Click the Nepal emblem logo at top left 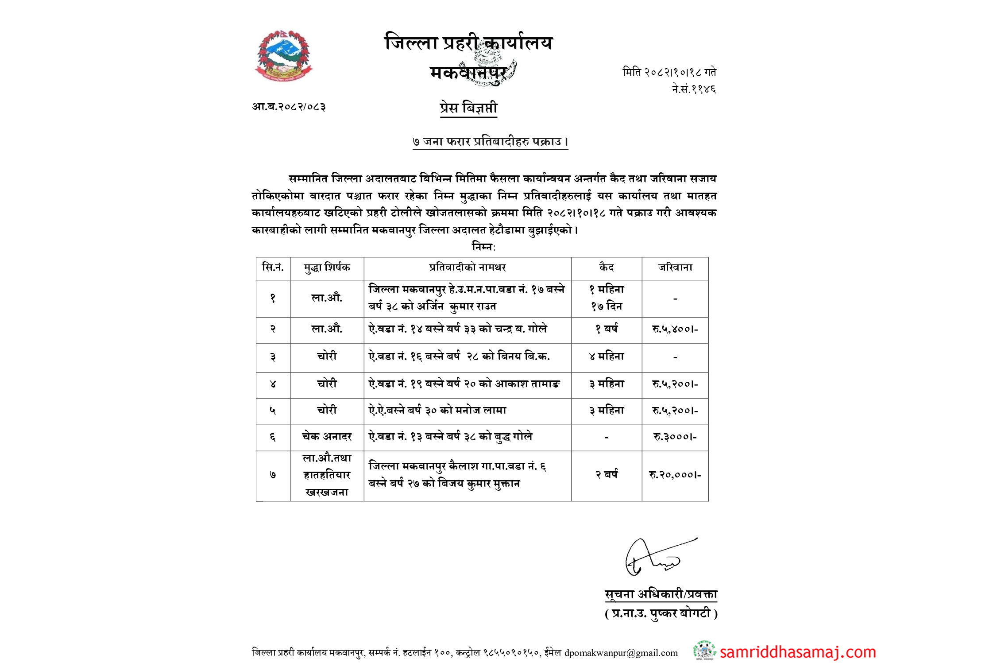(x=284, y=56)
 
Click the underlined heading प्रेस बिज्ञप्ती (x=468, y=108)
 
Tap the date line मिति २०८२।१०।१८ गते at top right (x=669, y=72)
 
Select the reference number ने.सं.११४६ (x=694, y=89)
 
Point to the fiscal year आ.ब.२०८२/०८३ (x=289, y=107)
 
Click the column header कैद (x=607, y=268)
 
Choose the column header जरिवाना (x=675, y=268)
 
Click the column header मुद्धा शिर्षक (x=327, y=268)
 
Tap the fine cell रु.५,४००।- (x=675, y=329)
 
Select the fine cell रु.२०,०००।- (x=675, y=475)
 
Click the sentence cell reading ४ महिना (x=607, y=357)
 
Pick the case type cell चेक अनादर (x=327, y=437)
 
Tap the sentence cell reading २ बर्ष (x=607, y=474)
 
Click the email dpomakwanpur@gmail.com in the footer (x=621, y=653)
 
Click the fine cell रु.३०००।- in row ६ (x=675, y=437)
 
